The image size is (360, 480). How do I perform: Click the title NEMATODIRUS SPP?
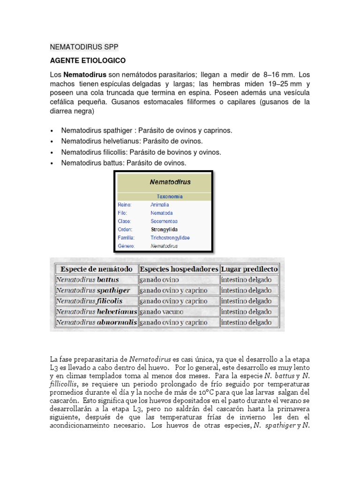point(84,47)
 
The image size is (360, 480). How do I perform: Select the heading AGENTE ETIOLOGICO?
point(88,61)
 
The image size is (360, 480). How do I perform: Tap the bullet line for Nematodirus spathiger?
point(146,130)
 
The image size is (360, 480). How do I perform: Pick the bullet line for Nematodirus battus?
point(124,163)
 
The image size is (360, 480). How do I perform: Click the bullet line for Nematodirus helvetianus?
point(132,141)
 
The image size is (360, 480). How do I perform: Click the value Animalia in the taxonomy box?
point(160,205)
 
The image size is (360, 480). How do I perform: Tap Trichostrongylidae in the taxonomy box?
point(170,238)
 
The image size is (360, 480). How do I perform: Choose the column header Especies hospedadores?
point(179,269)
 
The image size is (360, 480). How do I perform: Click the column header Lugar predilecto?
point(249,269)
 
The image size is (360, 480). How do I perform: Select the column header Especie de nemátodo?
point(97,269)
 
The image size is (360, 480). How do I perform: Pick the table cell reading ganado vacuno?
point(161,312)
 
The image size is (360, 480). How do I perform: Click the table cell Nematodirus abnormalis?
point(97,322)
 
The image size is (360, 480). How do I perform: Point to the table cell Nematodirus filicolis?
point(92,301)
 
